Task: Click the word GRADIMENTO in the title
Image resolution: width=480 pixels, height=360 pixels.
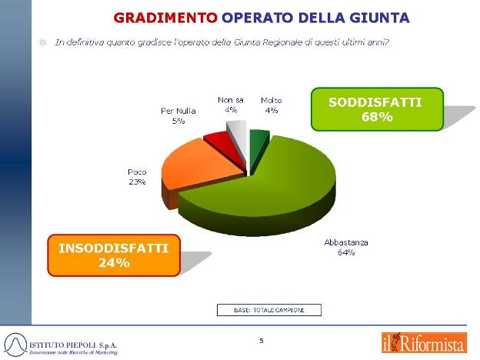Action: (165, 18)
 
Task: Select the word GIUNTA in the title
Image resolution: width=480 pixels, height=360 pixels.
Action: (380, 18)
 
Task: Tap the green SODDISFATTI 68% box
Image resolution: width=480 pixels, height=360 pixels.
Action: (377, 109)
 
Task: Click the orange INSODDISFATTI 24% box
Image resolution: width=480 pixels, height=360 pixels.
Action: (114, 255)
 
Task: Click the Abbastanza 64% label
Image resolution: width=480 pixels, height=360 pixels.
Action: (346, 248)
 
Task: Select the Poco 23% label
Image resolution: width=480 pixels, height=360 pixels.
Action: (137, 177)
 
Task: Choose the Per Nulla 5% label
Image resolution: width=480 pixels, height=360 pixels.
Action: (178, 115)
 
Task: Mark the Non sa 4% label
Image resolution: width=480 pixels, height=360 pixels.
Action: (231, 105)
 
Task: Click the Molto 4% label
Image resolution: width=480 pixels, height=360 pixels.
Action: (272, 105)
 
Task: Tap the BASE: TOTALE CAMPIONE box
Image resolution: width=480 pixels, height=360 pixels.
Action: (269, 310)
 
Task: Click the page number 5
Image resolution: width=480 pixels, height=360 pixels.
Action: (262, 341)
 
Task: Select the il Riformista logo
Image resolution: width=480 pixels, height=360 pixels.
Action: (425, 343)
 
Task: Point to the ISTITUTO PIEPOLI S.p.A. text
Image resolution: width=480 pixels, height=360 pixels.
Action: (73, 345)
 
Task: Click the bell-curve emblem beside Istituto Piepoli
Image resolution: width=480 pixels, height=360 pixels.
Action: (15, 345)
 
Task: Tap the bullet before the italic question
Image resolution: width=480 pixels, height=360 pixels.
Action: (42, 42)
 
